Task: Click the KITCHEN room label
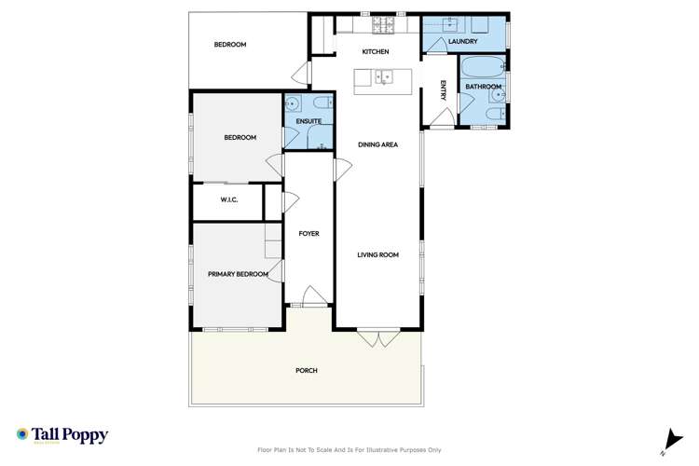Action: pos(376,51)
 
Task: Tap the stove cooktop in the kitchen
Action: pos(383,23)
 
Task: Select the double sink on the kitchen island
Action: pos(386,78)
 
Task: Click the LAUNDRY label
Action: pos(462,42)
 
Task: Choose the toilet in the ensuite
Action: pos(321,103)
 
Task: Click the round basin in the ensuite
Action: pos(293,103)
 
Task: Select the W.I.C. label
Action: pos(230,200)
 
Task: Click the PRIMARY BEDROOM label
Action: pos(238,274)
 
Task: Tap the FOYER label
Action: pos(308,233)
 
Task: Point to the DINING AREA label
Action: pos(378,144)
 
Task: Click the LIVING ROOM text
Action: pos(378,254)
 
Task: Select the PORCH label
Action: pos(307,370)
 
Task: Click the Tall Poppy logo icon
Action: pos(22,434)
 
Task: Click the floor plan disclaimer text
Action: pos(349,450)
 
